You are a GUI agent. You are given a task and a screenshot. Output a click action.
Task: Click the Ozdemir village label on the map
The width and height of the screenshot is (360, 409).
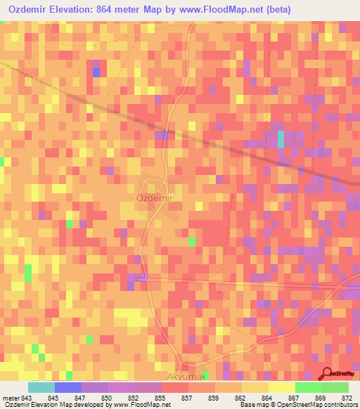(x=154, y=199)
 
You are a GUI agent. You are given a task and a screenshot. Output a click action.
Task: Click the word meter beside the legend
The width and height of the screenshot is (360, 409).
(x=11, y=397)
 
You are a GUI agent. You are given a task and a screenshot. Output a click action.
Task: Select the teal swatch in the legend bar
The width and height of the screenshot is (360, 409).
(x=41, y=387)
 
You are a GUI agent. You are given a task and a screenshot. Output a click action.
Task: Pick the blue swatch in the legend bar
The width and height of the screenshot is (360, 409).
(x=68, y=387)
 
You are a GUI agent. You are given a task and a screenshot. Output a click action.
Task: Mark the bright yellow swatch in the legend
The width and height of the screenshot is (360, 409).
(x=281, y=387)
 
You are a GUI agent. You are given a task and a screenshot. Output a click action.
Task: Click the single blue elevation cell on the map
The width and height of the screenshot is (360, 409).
(x=96, y=72)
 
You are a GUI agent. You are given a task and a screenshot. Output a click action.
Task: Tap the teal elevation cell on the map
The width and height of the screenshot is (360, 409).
(x=281, y=139)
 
